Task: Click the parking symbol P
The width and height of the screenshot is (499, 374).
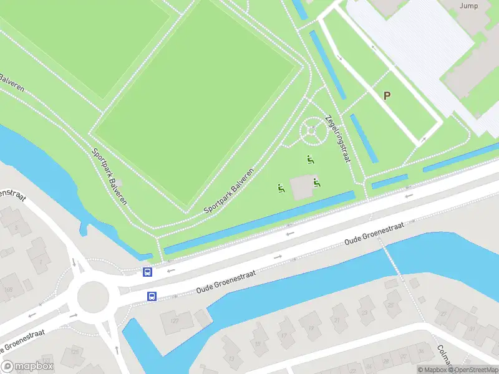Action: click(387, 95)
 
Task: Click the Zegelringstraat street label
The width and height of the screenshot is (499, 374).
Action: click(338, 138)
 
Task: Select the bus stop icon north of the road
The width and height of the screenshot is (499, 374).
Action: click(147, 272)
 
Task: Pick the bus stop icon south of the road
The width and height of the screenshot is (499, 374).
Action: click(152, 296)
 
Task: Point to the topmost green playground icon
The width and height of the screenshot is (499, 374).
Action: click(310, 160)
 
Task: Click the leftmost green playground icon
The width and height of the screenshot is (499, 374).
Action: click(281, 187)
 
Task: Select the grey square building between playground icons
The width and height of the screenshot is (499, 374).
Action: click(302, 187)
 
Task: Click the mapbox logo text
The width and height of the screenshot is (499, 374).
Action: click(27, 367)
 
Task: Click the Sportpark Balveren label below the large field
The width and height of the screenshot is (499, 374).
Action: click(230, 191)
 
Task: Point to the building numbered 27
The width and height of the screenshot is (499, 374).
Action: click(443, 314)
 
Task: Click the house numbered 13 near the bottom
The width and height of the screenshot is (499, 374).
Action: click(231, 359)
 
